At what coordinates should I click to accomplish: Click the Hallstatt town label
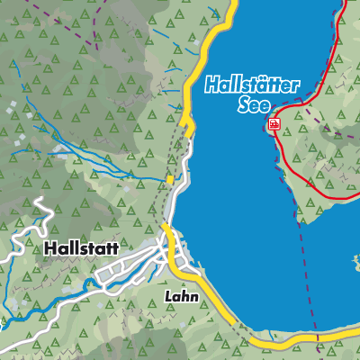point(82,246)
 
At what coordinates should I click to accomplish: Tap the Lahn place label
point(181,294)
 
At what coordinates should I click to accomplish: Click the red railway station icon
point(274,124)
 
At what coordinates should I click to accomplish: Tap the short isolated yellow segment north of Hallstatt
point(170,181)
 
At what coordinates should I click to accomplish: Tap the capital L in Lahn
point(168,294)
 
